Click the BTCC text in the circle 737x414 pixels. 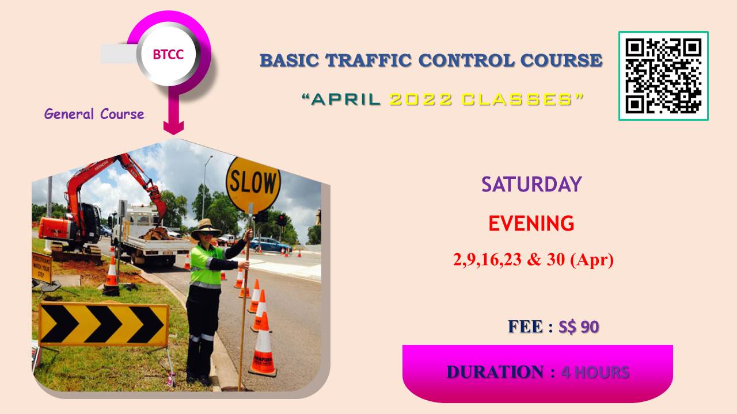point(168,55)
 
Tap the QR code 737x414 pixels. point(663,76)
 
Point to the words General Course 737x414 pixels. point(94,114)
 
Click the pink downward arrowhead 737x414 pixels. point(173,128)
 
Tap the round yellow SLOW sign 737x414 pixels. point(253,185)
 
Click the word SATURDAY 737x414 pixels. point(531,185)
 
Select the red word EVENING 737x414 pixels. point(531,224)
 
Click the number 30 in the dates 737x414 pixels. point(556,259)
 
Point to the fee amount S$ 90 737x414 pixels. point(579,327)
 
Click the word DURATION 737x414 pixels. point(495,372)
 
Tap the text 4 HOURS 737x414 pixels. point(595,373)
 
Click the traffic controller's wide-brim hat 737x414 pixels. point(206,228)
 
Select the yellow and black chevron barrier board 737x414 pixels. point(104,325)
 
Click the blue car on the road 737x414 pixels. point(270,245)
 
